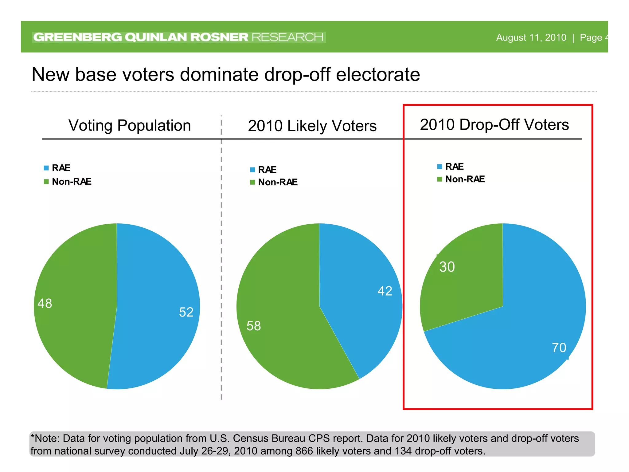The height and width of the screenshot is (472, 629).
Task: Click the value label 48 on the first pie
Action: point(45,304)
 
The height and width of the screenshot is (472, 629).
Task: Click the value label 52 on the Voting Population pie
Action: point(186,312)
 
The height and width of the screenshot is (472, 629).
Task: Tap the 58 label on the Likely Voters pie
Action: point(254,326)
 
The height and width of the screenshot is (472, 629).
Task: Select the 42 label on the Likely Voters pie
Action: point(385,291)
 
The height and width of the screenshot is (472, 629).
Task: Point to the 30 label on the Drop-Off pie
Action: point(447,267)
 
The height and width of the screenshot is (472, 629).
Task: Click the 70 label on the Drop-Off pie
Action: point(559,348)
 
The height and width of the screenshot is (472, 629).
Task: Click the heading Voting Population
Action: point(130,125)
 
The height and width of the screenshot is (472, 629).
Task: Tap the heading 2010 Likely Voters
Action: point(312,126)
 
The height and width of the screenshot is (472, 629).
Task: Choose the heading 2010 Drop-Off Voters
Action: point(494,125)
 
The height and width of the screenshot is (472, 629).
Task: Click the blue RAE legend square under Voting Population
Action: point(46,168)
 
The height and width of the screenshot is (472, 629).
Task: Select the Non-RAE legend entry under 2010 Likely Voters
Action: point(278,182)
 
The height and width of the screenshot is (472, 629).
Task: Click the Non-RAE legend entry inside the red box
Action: point(465,179)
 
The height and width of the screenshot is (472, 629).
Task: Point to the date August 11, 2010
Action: point(531,37)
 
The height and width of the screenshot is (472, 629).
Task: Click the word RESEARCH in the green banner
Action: point(287,37)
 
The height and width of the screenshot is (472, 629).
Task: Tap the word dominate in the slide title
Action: point(219,75)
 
